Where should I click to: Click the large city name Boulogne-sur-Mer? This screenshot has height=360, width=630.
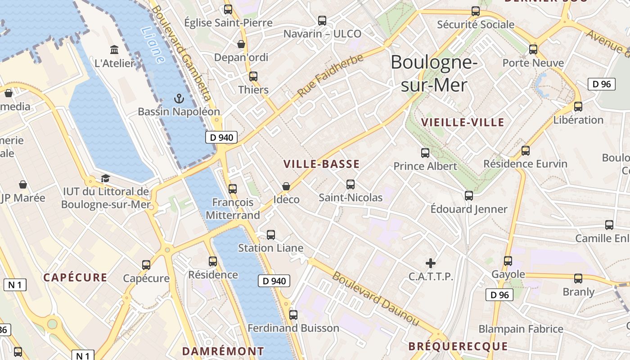click(x=434, y=73)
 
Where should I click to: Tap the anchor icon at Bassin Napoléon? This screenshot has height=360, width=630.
click(x=179, y=99)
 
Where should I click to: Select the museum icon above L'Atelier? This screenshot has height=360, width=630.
click(x=114, y=49)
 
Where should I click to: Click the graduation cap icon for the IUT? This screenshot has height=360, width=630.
click(x=105, y=179)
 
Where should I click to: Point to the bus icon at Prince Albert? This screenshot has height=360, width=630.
click(x=425, y=153)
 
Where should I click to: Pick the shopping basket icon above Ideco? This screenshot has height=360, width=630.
click(x=286, y=186)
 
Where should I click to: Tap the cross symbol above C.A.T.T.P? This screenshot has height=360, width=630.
click(x=431, y=263)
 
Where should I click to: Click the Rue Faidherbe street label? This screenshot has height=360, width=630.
click(x=330, y=76)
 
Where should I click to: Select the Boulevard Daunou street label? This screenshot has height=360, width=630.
click(x=376, y=298)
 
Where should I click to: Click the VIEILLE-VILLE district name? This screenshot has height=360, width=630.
click(x=463, y=122)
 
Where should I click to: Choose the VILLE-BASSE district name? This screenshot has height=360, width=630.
click(x=322, y=164)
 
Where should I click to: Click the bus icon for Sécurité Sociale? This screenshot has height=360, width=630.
click(x=476, y=11)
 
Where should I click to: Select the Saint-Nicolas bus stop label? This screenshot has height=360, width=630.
click(x=351, y=198)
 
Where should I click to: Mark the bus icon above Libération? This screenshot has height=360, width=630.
click(x=578, y=107)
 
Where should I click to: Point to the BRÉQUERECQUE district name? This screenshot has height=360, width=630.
click(x=458, y=346)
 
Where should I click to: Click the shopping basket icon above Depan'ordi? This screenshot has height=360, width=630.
click(x=241, y=44)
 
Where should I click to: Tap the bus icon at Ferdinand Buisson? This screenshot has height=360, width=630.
click(x=293, y=315)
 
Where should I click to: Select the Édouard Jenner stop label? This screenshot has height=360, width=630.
click(x=469, y=209)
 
